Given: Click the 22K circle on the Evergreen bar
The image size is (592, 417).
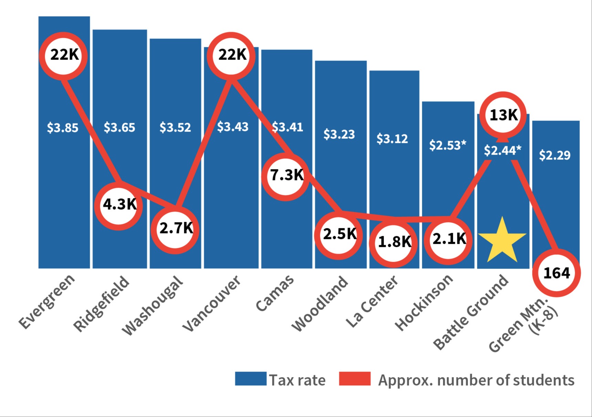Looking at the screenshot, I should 63,55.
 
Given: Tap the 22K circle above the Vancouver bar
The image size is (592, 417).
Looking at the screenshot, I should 231,55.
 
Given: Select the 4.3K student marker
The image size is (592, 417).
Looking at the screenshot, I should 119,205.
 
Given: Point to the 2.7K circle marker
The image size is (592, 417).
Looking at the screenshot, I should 175,229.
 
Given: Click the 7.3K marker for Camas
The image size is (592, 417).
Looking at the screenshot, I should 285,176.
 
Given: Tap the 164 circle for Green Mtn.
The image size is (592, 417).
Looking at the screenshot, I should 556,273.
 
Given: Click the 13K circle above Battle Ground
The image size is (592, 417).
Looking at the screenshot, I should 503,115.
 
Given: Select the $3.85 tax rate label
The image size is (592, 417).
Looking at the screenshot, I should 63,128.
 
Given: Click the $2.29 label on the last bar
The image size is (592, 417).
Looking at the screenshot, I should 554,155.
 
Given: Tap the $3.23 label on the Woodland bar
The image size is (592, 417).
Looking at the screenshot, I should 339,134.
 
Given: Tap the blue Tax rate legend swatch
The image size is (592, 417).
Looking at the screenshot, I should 251,379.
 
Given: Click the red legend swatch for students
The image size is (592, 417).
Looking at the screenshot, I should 354,379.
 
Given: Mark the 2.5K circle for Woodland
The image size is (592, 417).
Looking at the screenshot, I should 339,235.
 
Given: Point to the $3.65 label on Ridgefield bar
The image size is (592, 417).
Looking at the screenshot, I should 120,128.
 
